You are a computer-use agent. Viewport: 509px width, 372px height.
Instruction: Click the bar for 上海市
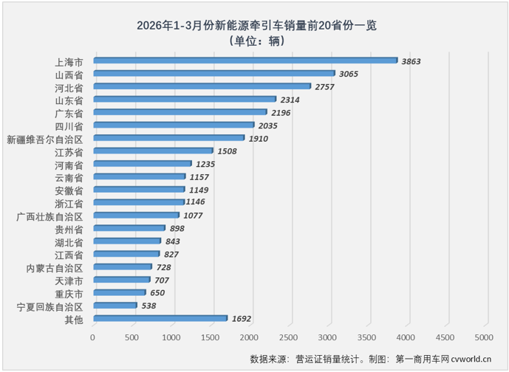[245, 61]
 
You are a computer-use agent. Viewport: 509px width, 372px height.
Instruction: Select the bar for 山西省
[213, 74]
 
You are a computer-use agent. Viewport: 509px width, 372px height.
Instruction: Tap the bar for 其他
[160, 319]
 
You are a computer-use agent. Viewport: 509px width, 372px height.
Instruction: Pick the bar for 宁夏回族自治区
[115, 306]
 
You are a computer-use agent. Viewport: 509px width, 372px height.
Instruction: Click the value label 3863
[411, 61]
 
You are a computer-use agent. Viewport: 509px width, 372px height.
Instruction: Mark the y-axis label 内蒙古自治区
[54, 267]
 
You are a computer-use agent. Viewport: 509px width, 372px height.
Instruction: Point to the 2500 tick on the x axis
[288, 337]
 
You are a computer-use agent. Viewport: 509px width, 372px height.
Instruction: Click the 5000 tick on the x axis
[484, 337]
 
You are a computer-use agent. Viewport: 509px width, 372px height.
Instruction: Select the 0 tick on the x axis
[93, 337]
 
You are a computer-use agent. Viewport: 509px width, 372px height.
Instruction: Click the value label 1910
[258, 139]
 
